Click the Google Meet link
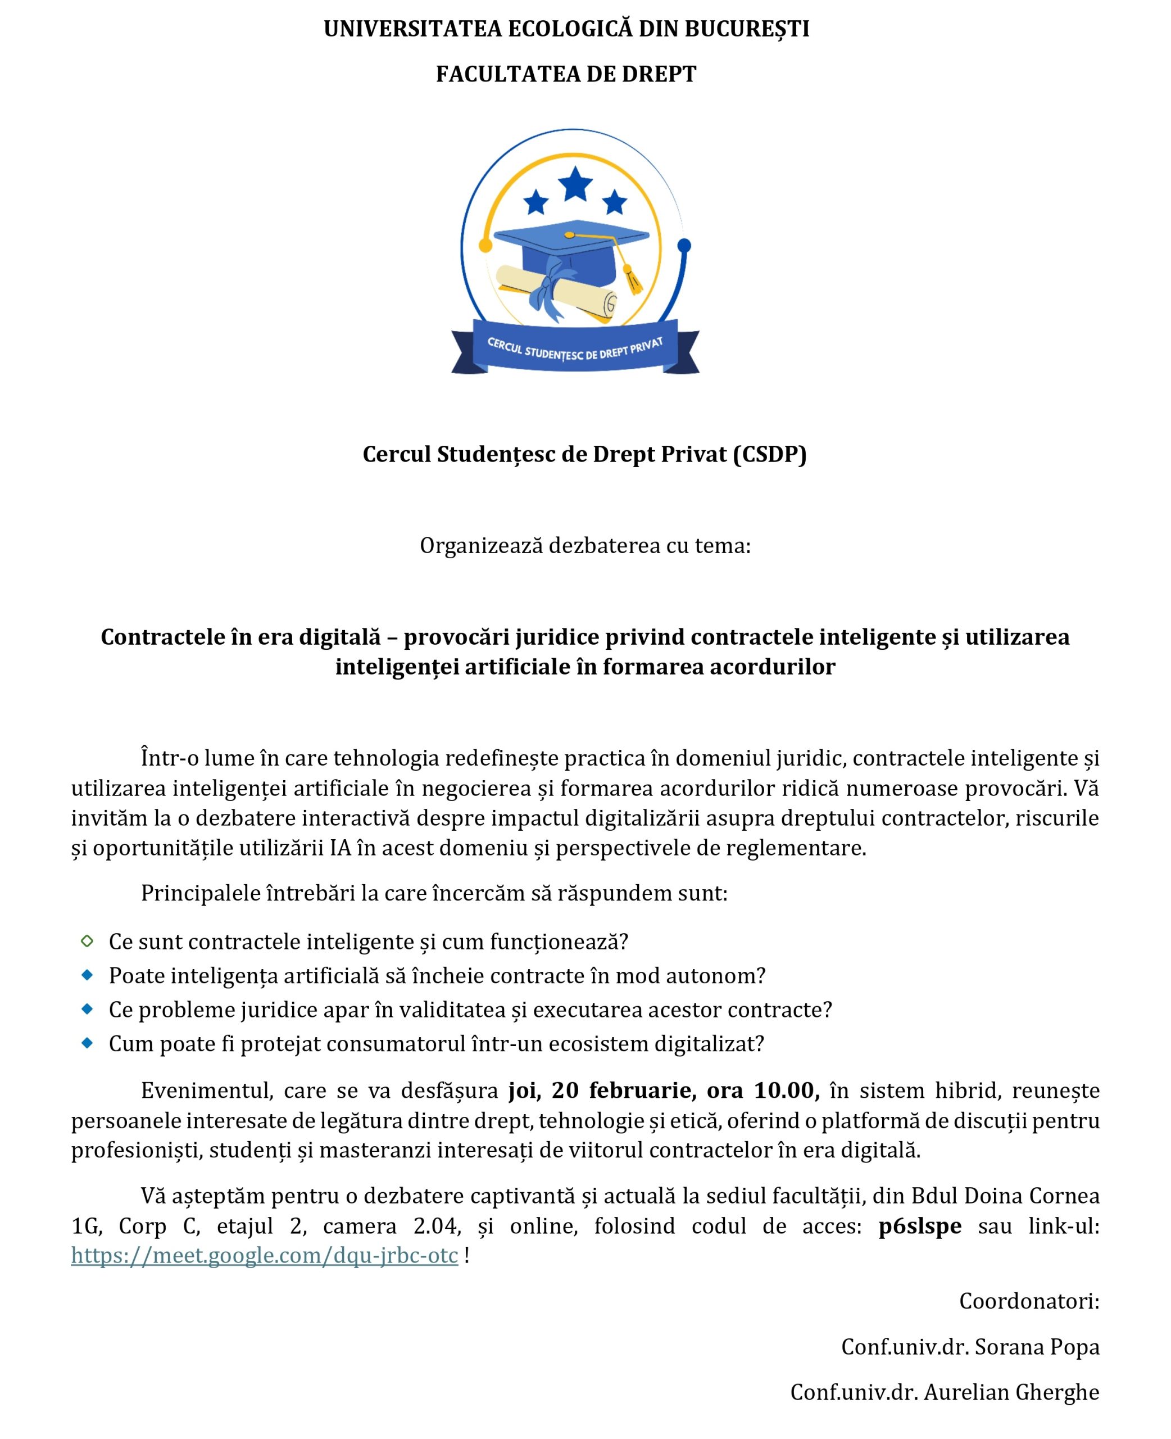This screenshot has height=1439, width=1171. coord(265,1256)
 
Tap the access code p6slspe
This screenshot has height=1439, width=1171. coord(919,1226)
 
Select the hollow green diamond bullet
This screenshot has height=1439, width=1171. coord(87,941)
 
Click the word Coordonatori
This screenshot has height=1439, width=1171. coord(1029,1301)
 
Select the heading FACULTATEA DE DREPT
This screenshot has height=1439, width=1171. coord(566,74)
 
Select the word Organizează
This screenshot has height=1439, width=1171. coord(481,545)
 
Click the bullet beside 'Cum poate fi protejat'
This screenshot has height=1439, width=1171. coord(87,1043)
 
